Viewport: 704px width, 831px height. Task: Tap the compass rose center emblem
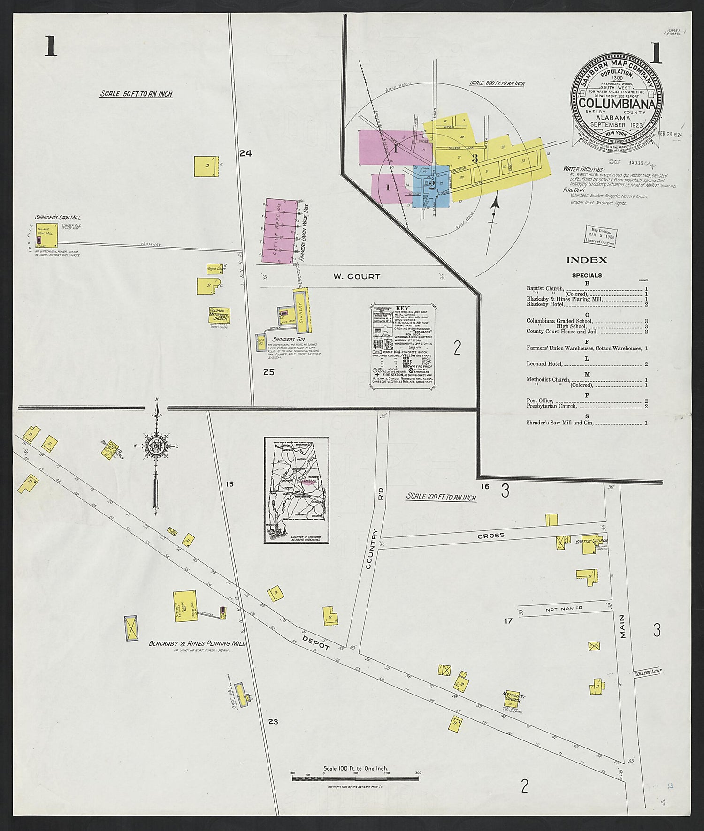pos(156,446)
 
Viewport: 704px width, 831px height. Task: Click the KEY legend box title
pos(403,308)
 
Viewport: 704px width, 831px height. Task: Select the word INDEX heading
pos(587,260)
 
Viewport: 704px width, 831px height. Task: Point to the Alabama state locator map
pos(296,490)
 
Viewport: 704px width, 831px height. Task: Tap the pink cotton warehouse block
pos(280,230)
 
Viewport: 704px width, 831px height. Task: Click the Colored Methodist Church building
pos(219,316)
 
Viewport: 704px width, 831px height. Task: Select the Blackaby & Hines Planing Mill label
pos(197,644)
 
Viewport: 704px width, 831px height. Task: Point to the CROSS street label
pos(491,535)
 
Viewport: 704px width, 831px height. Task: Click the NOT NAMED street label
pos(564,608)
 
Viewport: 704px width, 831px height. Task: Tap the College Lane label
pos(648,672)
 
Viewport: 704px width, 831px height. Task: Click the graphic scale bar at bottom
pos(355,778)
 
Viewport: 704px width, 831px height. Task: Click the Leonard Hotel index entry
pos(543,364)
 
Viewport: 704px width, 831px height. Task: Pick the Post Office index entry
pos(540,401)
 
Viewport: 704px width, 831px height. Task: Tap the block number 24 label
pos(245,153)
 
